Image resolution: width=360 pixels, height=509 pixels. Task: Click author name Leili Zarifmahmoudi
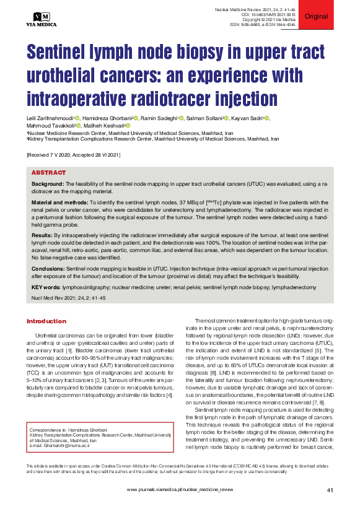coord(48,118)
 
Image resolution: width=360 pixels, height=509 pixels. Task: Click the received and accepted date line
coord(73,155)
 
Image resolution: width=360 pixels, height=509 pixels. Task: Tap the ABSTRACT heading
coord(48,173)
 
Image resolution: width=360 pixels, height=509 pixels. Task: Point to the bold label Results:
coord(42,236)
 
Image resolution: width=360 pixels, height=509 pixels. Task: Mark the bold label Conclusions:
coord(48,269)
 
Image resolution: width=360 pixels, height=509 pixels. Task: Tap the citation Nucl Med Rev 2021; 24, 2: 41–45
coord(68,298)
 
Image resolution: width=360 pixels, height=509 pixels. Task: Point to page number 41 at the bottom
coord(330,490)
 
